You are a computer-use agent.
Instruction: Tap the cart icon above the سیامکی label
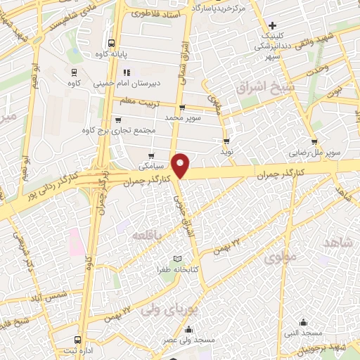(x=151, y=157)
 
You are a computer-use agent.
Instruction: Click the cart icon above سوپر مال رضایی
(x=314, y=141)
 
